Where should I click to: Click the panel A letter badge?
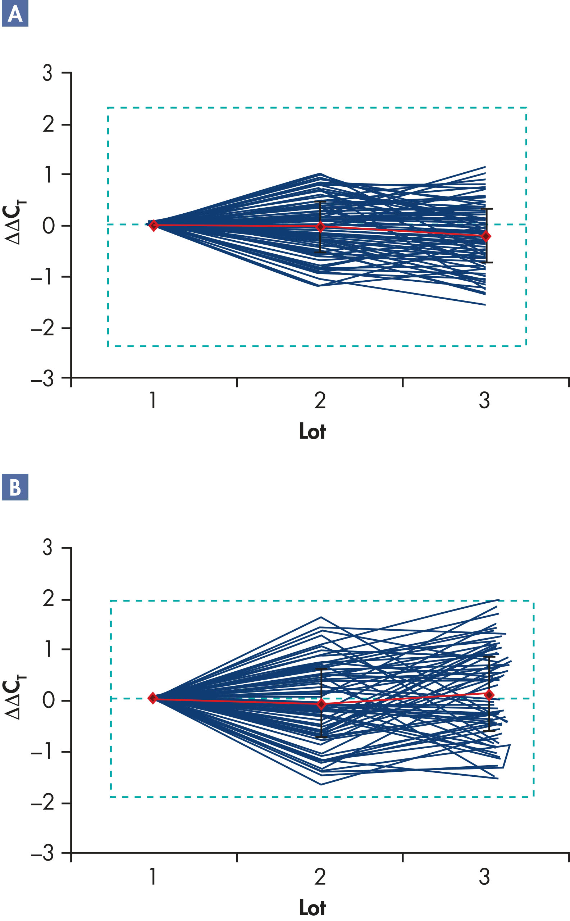[x=15, y=14]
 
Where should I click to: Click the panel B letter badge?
[x=15, y=487]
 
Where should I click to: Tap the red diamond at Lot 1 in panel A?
[x=153, y=226]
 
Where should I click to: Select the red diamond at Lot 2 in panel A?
[x=320, y=227]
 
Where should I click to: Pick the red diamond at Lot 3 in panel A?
[x=486, y=236]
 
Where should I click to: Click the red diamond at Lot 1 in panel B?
[x=153, y=698]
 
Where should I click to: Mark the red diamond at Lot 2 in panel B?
[x=321, y=704]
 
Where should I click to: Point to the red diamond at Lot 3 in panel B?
[x=489, y=695]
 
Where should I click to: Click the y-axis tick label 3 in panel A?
[x=47, y=73]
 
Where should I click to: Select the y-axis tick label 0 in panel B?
[x=48, y=700]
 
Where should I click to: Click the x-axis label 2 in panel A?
[x=320, y=400]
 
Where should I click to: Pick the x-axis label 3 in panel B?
[x=484, y=877]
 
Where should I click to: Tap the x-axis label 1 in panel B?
[x=153, y=877]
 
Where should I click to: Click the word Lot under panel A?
[x=312, y=431]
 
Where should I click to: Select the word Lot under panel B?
[x=312, y=907]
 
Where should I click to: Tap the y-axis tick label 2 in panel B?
[x=48, y=599]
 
